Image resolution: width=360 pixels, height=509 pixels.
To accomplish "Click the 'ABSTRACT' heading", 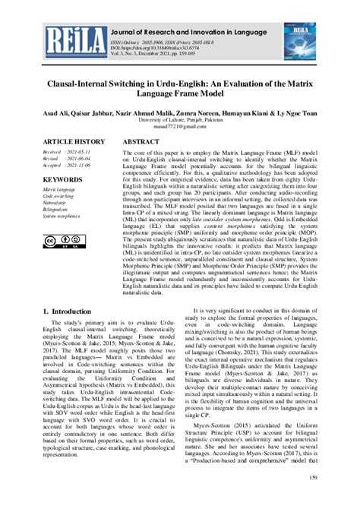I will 141,142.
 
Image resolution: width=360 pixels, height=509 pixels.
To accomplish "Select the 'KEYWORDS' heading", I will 62,179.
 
